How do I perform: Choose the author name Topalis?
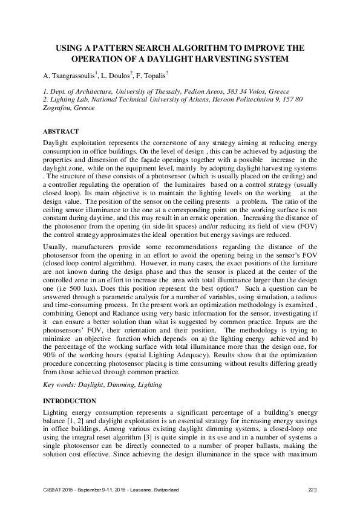(154, 75)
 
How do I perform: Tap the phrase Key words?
(60, 384)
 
